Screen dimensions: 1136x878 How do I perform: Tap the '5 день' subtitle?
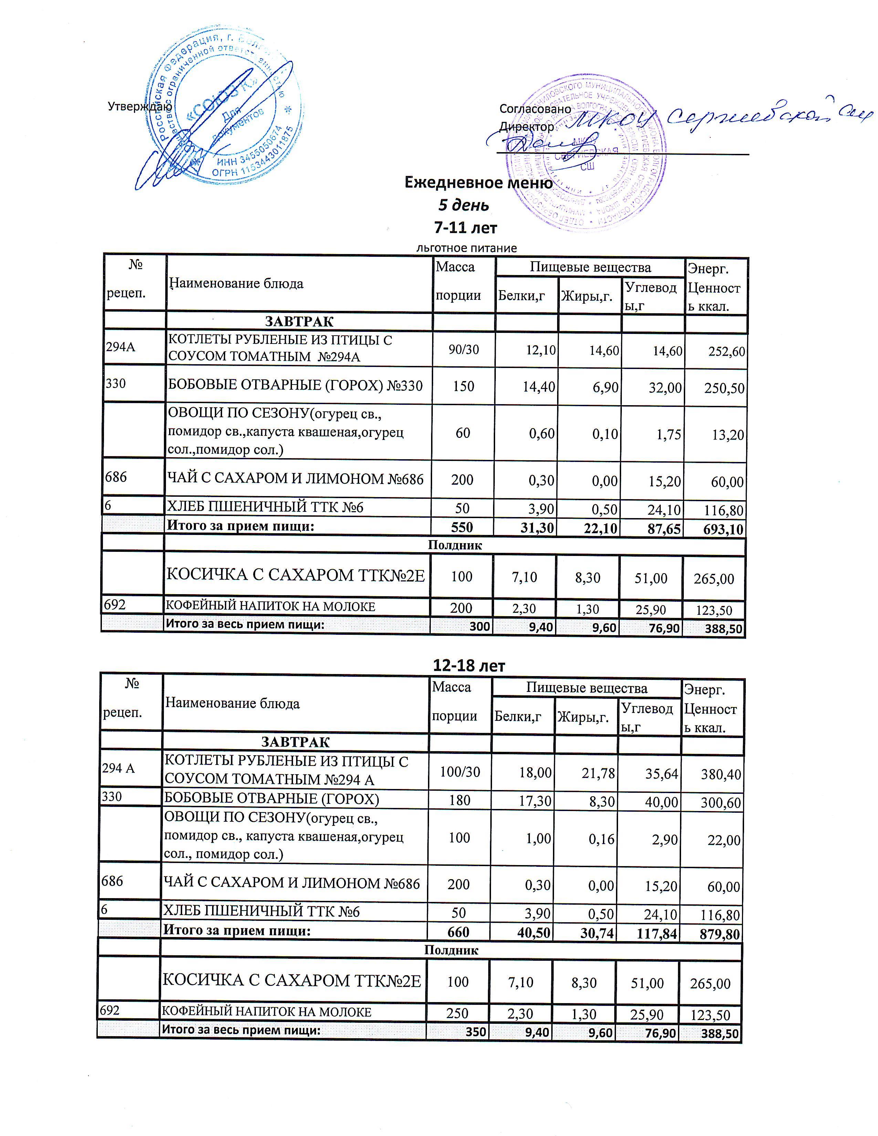click(463, 206)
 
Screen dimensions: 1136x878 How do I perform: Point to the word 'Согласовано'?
click(535, 109)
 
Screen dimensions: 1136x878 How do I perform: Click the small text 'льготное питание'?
click(467, 248)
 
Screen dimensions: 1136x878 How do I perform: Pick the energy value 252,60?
click(727, 351)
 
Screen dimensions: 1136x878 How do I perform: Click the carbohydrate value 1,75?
click(667, 434)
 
